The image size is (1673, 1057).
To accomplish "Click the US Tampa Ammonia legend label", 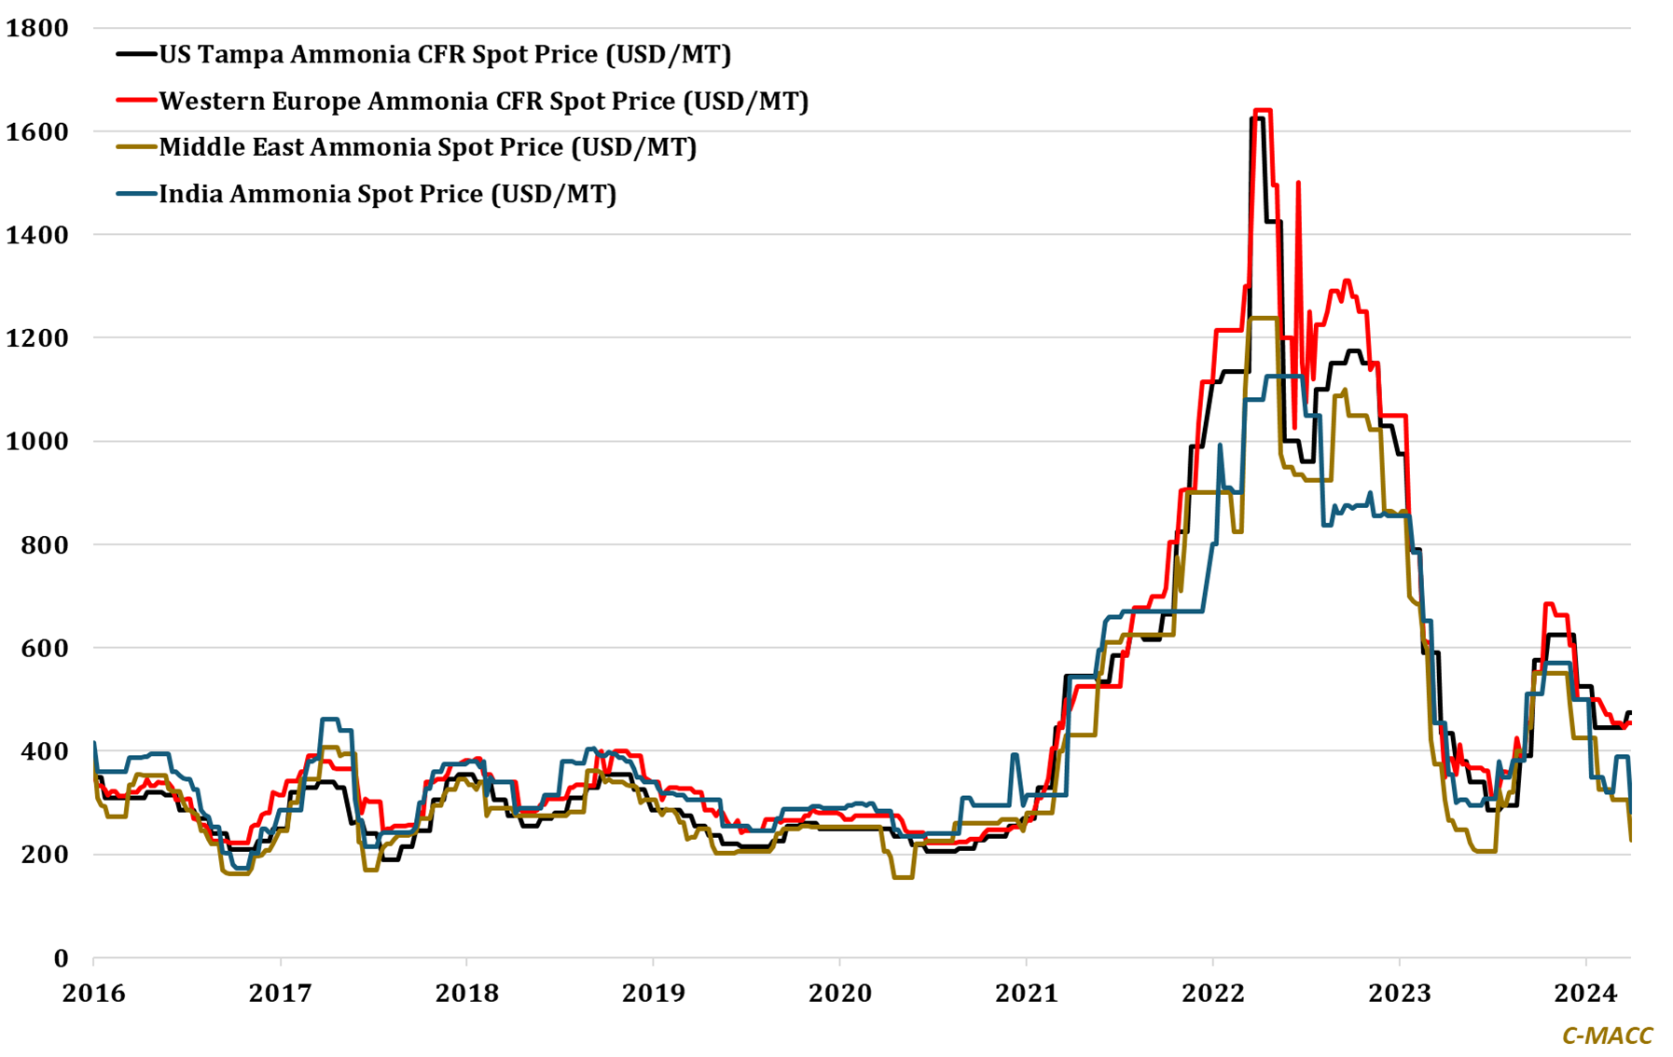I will tap(445, 54).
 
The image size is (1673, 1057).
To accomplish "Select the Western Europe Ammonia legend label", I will tap(483, 101).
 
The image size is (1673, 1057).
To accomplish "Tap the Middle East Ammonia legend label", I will tap(428, 147).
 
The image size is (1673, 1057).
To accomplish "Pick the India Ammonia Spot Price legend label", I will tap(388, 194).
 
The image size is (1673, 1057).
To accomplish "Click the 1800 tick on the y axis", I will tap(37, 28).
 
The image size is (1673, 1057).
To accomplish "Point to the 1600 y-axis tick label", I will tap(37, 131).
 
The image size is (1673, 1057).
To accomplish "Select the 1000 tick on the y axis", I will tap(37, 441).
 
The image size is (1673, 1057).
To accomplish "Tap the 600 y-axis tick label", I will tap(44, 648).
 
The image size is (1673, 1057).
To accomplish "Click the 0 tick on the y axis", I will tap(61, 958).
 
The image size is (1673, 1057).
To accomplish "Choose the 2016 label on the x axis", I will tap(93, 994).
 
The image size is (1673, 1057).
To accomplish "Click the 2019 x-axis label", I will tap(653, 994).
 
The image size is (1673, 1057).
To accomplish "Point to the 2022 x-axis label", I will tap(1212, 994).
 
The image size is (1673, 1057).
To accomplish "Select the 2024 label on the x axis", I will tap(1585, 994).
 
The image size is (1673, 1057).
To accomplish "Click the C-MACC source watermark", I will tap(1607, 1036).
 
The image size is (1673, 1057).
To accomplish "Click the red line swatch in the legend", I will tap(136, 101).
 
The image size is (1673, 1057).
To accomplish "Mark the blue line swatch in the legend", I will tap(136, 194).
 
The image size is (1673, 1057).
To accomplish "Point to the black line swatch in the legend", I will tap(136, 54).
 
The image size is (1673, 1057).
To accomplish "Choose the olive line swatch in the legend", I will tap(136, 147).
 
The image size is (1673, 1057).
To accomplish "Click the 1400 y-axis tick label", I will tap(37, 235).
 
